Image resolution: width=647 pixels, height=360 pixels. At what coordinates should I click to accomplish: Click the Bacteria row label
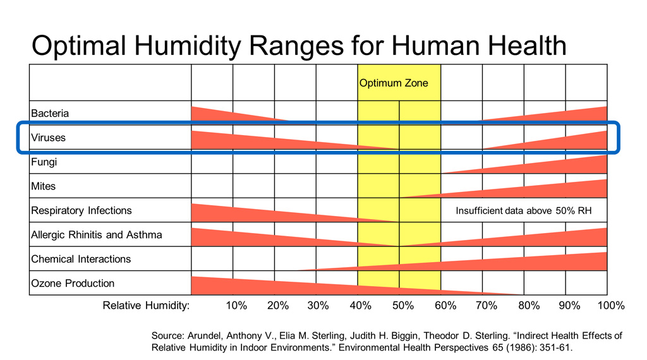pos(50,114)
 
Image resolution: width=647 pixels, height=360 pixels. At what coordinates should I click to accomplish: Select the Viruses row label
pos(48,138)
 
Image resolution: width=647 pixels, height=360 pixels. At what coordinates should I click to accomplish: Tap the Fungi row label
pos(44,162)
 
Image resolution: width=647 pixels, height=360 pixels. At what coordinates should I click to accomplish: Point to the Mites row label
pos(43,186)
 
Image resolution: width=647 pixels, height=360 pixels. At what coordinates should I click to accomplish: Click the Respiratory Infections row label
pos(82,210)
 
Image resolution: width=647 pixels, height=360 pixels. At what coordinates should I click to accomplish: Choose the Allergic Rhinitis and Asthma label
pos(96,235)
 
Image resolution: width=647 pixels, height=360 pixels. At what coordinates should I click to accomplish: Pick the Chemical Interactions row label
pos(81,259)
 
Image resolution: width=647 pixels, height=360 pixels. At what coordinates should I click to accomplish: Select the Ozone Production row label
pos(73,284)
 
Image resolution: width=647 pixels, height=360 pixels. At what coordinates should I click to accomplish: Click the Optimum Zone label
pos(394,83)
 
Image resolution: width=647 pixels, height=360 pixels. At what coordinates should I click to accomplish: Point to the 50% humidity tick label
pos(402,306)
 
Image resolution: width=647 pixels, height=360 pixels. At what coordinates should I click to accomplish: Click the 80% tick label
pos(528,306)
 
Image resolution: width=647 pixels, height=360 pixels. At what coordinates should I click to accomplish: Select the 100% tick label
pos(610,306)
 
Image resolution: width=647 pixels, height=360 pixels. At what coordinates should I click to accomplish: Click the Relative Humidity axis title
pos(146,306)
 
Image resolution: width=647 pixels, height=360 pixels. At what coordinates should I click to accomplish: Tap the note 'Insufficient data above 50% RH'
pos(523,210)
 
